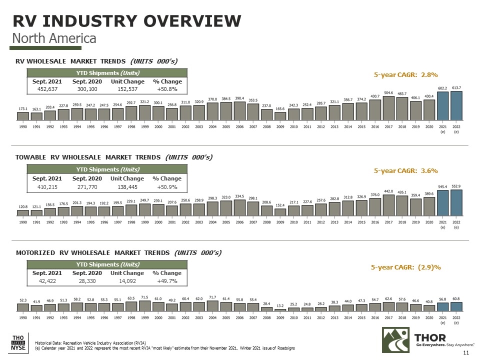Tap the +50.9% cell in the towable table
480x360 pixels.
pos(166,187)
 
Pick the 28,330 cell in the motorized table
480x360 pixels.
pos(87,281)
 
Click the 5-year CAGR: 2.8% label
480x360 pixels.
pos(406,75)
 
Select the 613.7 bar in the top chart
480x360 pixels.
pos(456,106)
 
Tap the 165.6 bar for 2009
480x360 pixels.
pos(280,116)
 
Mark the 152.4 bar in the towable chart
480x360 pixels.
pos(280,211)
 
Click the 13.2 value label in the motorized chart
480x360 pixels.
pos(280,304)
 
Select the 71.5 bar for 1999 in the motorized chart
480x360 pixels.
pos(145,305)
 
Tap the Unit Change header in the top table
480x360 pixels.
pos(127,81)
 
